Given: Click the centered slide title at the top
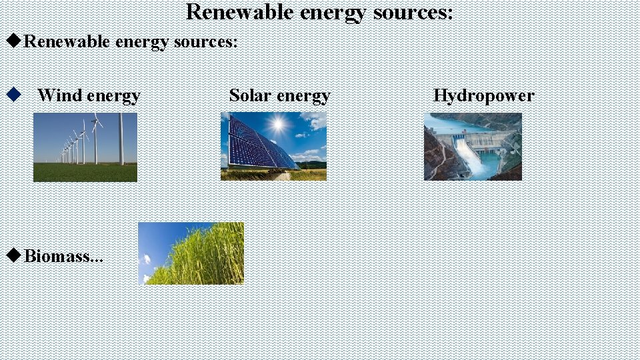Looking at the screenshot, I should [x=319, y=12].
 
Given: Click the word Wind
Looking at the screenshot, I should [x=59, y=96].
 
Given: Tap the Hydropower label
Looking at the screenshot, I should [x=483, y=96].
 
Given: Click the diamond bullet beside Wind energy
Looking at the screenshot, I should [x=11, y=95].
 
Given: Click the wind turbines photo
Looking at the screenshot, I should [x=85, y=147].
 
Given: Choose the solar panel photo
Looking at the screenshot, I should [x=273, y=146].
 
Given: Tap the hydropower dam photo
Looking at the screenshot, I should [x=473, y=146].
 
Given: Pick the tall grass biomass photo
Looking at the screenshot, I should [x=191, y=253].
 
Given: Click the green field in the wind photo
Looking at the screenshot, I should [x=85, y=173].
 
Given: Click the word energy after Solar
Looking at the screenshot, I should [x=304, y=96].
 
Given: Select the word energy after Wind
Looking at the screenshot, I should [x=114, y=96].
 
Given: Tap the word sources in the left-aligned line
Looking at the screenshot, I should [x=204, y=42].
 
